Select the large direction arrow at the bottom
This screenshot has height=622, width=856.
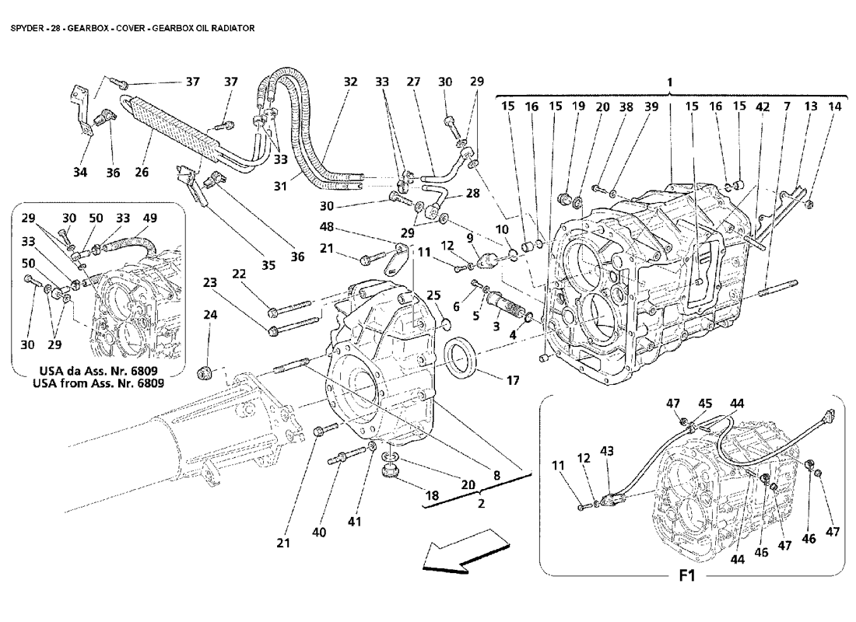point(458,550)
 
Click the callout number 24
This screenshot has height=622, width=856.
point(210,316)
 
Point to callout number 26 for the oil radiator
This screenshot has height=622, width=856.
point(141,173)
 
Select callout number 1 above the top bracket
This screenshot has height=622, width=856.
point(669,81)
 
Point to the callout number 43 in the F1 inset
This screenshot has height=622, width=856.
point(607,451)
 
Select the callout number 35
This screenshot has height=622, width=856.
point(268,265)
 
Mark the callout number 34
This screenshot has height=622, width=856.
point(80,173)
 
